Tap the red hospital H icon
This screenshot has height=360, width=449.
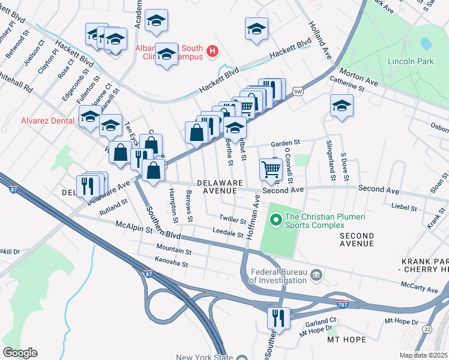click(212, 52)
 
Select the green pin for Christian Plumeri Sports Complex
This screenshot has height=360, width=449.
click(276, 221)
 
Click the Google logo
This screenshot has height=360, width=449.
click(20, 352)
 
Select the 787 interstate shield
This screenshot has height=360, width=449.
click(343, 303)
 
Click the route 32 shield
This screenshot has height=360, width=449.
click(426, 329)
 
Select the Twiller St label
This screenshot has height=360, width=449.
click(233, 220)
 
